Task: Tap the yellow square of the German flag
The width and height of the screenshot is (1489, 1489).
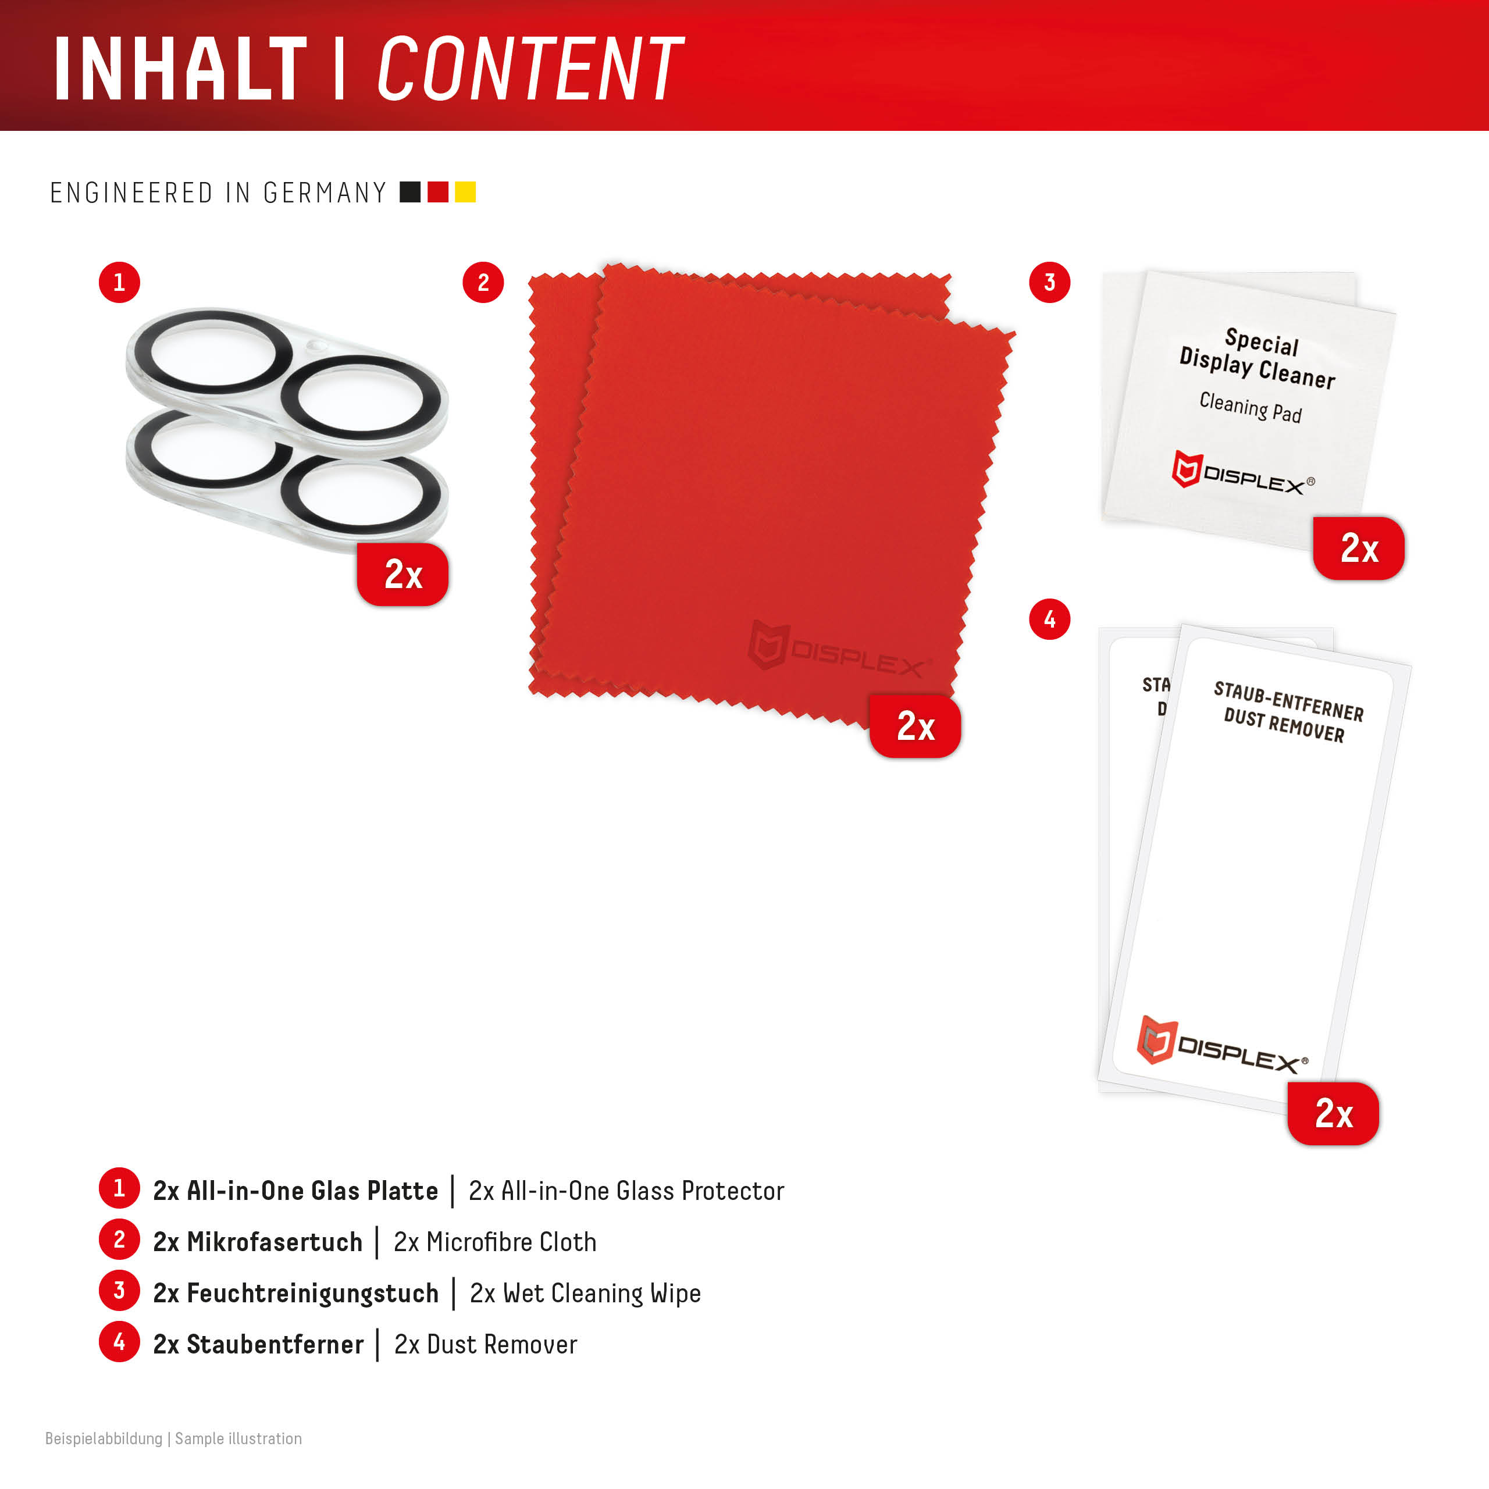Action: click(465, 192)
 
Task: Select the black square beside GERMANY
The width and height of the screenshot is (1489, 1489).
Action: click(410, 192)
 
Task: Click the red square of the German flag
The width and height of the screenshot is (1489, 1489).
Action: click(438, 192)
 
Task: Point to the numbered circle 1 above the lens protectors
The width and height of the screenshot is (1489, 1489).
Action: click(119, 282)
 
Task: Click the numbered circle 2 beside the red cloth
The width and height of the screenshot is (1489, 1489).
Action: click(483, 282)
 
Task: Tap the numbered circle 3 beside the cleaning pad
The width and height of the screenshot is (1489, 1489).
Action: click(1050, 282)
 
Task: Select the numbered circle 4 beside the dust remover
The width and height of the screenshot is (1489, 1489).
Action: click(1050, 619)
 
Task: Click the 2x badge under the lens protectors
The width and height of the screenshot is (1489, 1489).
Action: click(402, 574)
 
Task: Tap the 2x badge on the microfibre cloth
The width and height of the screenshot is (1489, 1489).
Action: click(915, 726)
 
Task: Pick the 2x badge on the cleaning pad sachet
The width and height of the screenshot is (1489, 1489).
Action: click(1359, 548)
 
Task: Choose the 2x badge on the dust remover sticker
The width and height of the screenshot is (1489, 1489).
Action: click(1333, 1113)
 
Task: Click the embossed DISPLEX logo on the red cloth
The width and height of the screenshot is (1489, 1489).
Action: click(840, 647)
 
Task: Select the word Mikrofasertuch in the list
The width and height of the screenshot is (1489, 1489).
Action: click(275, 1242)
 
